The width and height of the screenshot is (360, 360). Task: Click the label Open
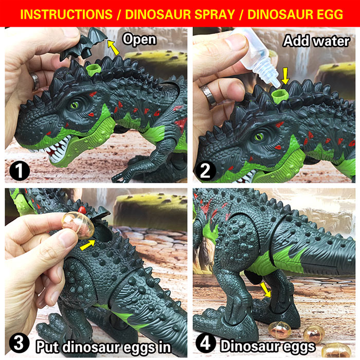138,39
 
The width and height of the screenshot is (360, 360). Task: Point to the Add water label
316,41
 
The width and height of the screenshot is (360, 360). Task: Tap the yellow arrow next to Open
114,48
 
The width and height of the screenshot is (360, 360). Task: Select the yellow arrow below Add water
285,77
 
